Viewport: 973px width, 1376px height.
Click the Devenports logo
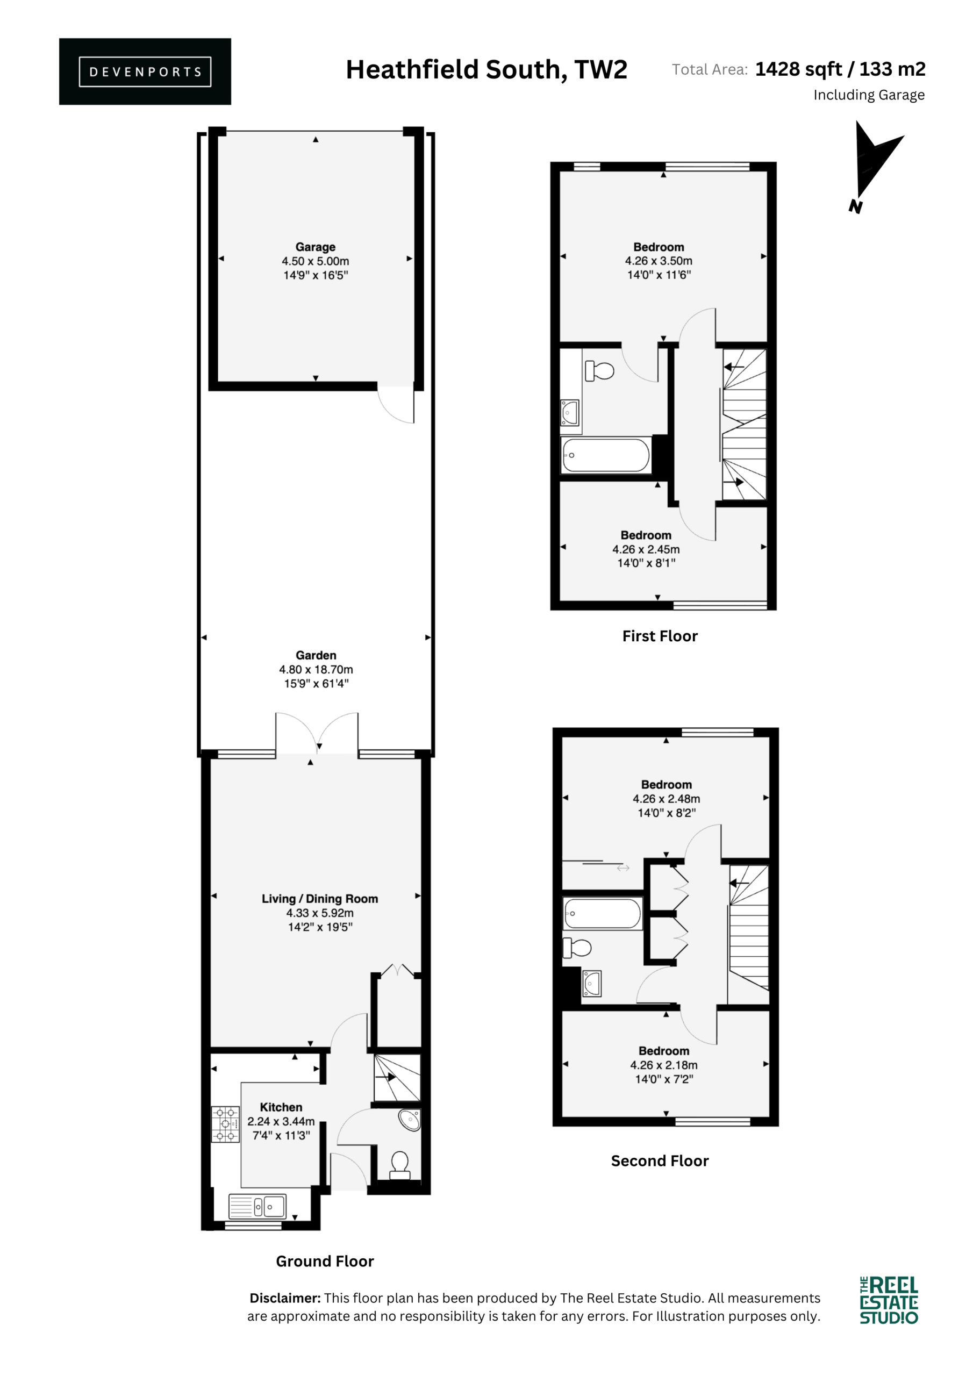click(x=145, y=71)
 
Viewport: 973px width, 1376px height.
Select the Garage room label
click(x=316, y=247)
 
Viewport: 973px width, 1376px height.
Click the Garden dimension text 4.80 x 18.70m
click(x=316, y=669)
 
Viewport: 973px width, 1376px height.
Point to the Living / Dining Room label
click(x=319, y=899)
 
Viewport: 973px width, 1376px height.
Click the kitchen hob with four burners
click(x=225, y=1124)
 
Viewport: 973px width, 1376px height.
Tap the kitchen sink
click(x=258, y=1206)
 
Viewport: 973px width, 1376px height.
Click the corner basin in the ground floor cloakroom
click(x=410, y=1120)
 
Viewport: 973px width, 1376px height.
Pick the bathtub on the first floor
click(x=605, y=455)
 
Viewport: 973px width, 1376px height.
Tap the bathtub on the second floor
click(x=603, y=913)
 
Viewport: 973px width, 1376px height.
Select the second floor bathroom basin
click(x=591, y=984)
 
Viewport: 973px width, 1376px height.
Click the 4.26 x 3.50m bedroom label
click(x=659, y=261)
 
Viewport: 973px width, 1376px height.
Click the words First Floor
click(x=660, y=636)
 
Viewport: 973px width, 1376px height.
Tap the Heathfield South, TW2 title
click(x=486, y=70)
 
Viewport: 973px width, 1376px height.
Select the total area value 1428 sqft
click(x=798, y=69)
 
